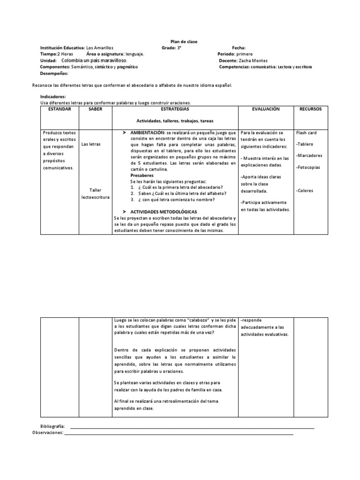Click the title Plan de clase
tap(184, 42)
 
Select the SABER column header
tap(95, 109)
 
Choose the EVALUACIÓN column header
tap(265, 109)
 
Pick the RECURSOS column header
tap(310, 109)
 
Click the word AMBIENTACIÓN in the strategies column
tap(147, 133)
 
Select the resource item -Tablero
tap(305, 144)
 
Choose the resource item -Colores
tap(305, 191)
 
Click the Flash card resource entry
tap(307, 133)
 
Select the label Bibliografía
tap(52, 427)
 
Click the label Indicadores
tap(52, 97)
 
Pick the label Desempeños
tap(54, 74)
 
